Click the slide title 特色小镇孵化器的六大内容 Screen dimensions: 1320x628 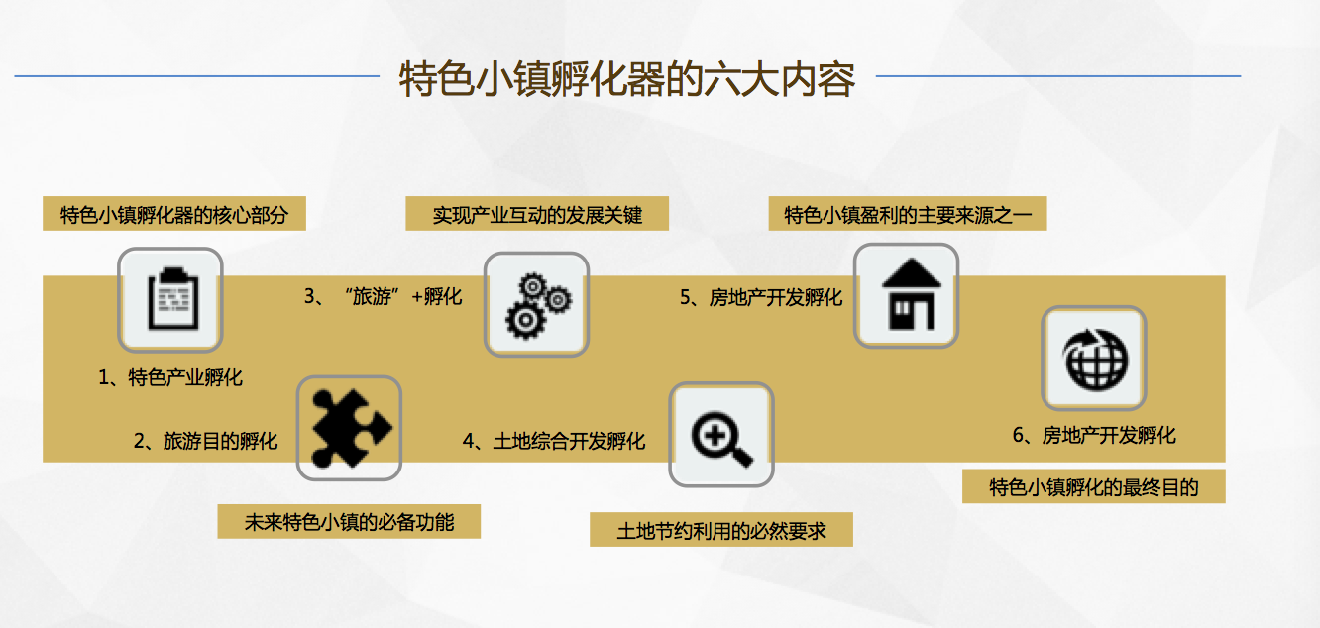point(627,79)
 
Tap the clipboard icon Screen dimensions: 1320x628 point(172,298)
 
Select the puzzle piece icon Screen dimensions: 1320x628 point(351,428)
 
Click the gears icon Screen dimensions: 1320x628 point(537,305)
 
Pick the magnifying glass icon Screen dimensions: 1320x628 point(721,439)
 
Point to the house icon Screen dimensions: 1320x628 point(911,293)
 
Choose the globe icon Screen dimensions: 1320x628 point(1095,359)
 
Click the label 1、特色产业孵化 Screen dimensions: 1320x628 point(170,377)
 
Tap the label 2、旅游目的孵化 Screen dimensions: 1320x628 point(205,441)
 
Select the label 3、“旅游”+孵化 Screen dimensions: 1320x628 point(384,296)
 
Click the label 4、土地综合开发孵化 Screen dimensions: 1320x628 point(554,441)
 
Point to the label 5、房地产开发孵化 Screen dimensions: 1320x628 point(761,297)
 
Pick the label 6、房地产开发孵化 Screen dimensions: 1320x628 point(1094,436)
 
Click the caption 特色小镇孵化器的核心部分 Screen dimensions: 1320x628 point(174,214)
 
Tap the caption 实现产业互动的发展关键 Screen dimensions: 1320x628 point(537,214)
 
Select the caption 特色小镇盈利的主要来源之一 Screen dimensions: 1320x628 point(908,214)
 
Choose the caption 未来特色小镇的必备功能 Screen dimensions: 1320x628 point(349,521)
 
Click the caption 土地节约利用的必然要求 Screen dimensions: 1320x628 point(721,530)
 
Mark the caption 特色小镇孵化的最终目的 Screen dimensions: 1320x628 point(1094,486)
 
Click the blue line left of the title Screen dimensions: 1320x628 point(197,76)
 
